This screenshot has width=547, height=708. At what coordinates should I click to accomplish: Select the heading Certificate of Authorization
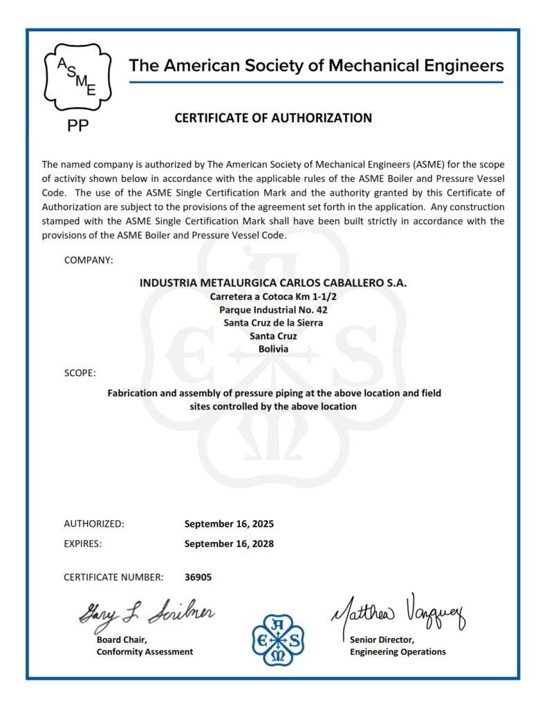pos(273,118)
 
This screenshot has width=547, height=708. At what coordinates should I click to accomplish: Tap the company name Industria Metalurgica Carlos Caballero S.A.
pos(273,283)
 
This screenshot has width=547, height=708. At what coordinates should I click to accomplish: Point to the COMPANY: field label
pos(89,260)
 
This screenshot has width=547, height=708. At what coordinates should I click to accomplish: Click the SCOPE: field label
pos(80,373)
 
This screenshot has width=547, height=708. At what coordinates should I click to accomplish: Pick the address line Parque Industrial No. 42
pos(273,310)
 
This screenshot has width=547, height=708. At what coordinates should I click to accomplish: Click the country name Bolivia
pos(273,349)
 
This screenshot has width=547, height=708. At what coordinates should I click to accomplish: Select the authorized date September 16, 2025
pos(229,524)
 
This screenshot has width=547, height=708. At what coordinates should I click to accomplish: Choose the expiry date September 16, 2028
pos(229,543)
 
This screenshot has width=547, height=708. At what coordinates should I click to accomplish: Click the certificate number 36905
pos(198,577)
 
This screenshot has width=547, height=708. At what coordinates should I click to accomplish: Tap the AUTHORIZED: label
pos(94,524)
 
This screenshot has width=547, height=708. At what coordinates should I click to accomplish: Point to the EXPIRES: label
pos(83,543)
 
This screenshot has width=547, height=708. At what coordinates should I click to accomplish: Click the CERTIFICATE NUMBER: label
pos(113,577)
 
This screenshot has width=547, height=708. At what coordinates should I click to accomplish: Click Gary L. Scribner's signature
pos(146,612)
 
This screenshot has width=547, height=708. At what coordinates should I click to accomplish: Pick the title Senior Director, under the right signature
pos(382,640)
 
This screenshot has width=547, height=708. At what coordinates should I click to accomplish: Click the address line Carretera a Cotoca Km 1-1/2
pos(273,296)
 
